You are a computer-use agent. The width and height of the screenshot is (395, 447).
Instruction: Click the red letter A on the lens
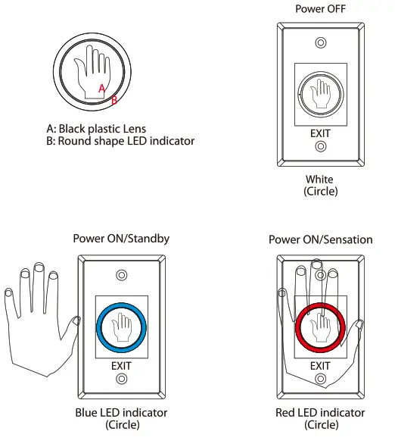click(102, 89)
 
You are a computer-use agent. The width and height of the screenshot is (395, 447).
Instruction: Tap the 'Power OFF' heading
click(320, 8)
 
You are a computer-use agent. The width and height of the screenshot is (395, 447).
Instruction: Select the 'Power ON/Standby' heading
click(121, 238)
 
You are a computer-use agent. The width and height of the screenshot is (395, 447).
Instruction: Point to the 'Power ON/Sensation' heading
click(321, 239)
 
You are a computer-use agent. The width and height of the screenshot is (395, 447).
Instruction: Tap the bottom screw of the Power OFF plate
click(321, 148)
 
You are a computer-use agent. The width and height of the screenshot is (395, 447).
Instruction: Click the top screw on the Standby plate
click(121, 274)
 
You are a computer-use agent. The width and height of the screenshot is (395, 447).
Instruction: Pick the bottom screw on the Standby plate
click(121, 380)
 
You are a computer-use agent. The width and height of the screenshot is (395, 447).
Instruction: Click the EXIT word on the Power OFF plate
click(321, 133)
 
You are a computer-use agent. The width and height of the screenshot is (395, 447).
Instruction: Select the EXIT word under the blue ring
click(121, 366)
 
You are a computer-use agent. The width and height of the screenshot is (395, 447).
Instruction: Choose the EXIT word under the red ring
click(321, 366)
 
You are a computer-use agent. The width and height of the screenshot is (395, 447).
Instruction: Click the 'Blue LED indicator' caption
click(122, 413)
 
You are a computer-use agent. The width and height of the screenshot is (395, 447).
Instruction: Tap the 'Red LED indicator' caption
click(321, 413)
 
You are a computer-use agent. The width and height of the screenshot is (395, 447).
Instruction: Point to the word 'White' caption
click(320, 180)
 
